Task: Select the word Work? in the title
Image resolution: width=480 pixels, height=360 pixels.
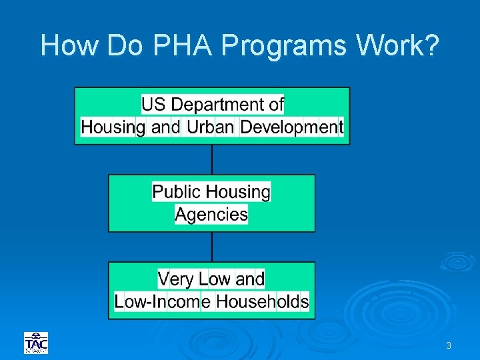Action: click(x=398, y=45)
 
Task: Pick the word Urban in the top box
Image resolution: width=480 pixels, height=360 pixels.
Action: click(x=210, y=127)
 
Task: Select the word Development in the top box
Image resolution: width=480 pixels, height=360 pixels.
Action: click(x=291, y=127)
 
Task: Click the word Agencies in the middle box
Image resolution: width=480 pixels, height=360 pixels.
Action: click(x=211, y=215)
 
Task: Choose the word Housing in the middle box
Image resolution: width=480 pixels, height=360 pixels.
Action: click(x=238, y=192)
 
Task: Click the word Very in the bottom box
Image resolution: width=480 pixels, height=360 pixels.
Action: click(x=176, y=279)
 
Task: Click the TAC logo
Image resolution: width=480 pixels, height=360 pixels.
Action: click(x=36, y=343)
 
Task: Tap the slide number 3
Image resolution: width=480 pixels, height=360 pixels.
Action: click(x=449, y=345)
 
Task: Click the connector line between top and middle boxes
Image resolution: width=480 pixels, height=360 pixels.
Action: click(x=212, y=159)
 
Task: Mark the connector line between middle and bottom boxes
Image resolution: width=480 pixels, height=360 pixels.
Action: click(x=212, y=247)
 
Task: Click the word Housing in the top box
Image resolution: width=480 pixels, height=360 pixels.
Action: click(x=113, y=127)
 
